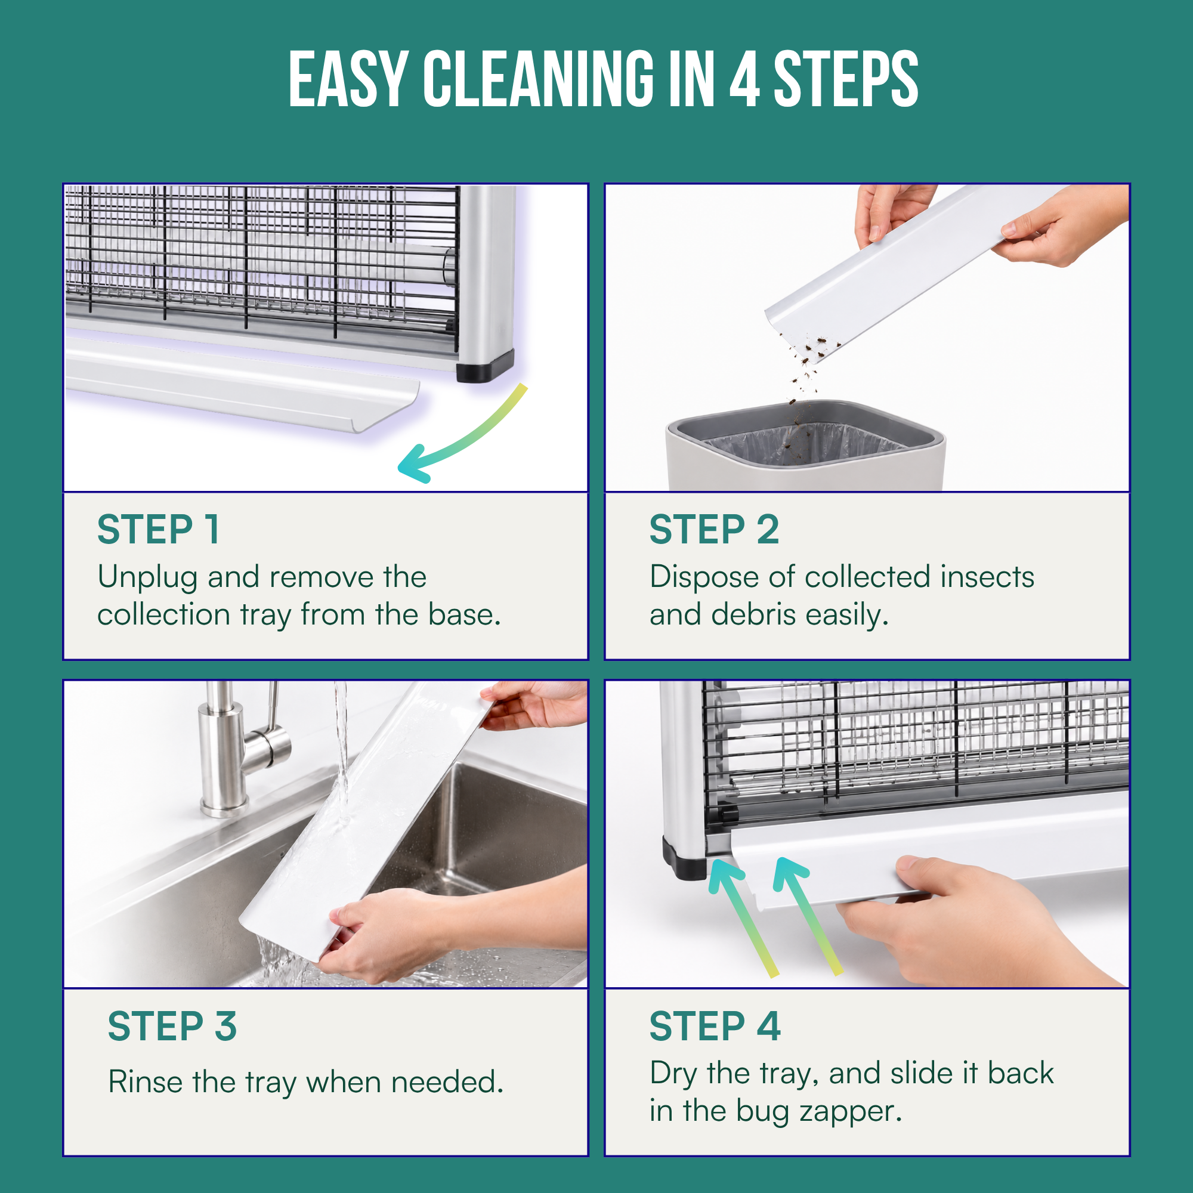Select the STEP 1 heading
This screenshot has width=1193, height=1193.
coord(158,530)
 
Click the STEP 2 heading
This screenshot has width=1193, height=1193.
coord(714,530)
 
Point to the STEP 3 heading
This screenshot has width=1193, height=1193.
coord(172,1027)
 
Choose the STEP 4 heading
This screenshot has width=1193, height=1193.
coord(715,1027)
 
